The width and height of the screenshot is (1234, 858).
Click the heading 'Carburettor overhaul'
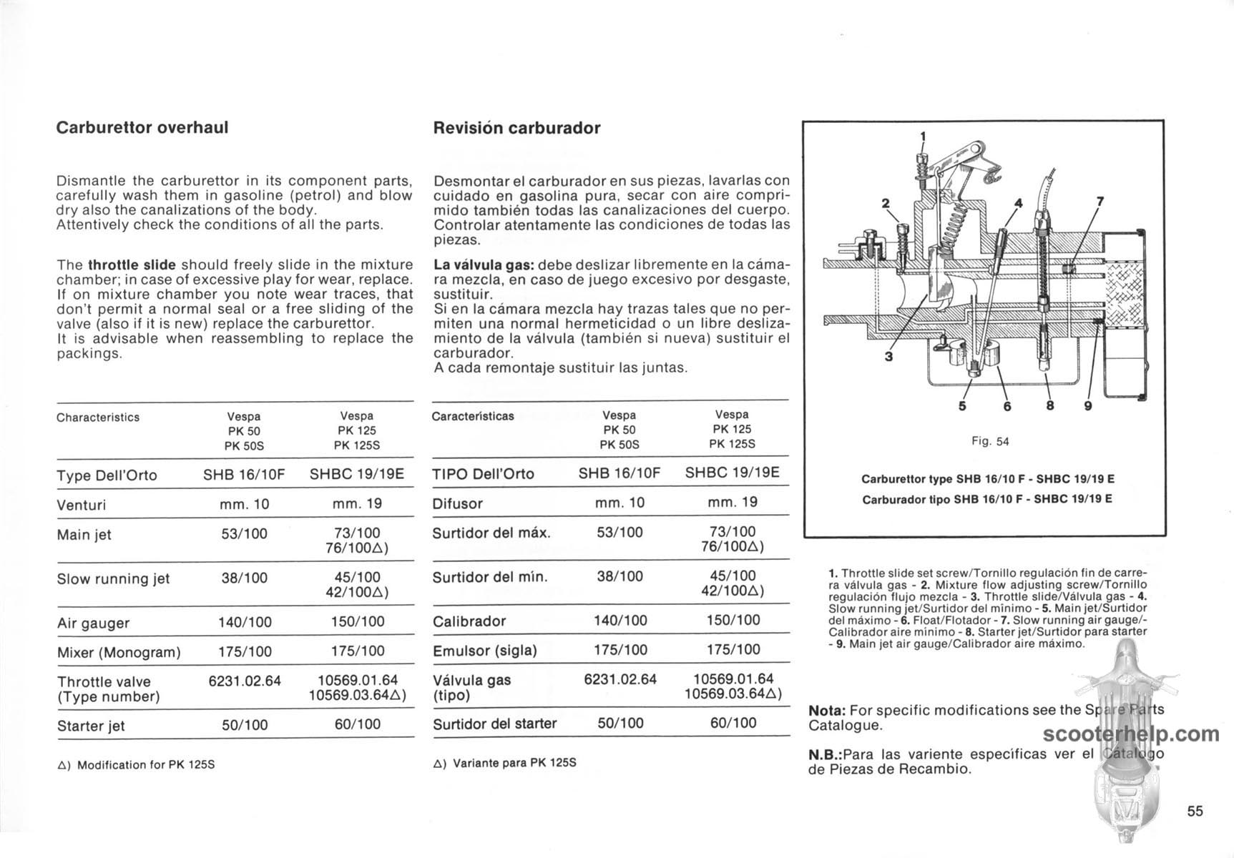click(x=142, y=128)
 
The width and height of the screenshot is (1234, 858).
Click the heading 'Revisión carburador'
click(x=516, y=129)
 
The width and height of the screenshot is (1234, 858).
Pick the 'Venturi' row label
click(x=81, y=506)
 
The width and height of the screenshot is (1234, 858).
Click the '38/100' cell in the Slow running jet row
click(x=245, y=578)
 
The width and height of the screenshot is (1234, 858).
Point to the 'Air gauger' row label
click(x=93, y=623)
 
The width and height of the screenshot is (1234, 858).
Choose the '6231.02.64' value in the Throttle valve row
click(x=245, y=681)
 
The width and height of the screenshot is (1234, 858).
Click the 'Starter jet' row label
click(x=91, y=726)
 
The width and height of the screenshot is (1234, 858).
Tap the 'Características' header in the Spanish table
click(x=473, y=416)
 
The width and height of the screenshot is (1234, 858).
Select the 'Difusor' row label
click(x=457, y=504)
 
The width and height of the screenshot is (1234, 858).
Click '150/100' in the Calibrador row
click(x=733, y=620)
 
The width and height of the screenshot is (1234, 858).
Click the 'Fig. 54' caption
click(x=990, y=442)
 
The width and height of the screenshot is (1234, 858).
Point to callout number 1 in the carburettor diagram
click(x=923, y=136)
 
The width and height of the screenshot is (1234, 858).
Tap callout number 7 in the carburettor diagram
click(x=1100, y=202)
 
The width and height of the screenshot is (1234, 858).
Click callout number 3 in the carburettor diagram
click(x=888, y=356)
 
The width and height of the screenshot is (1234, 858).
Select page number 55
click(x=1195, y=811)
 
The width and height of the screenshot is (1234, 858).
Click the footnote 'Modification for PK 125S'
click(x=146, y=765)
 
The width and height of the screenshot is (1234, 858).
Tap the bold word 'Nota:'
click(x=827, y=711)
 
